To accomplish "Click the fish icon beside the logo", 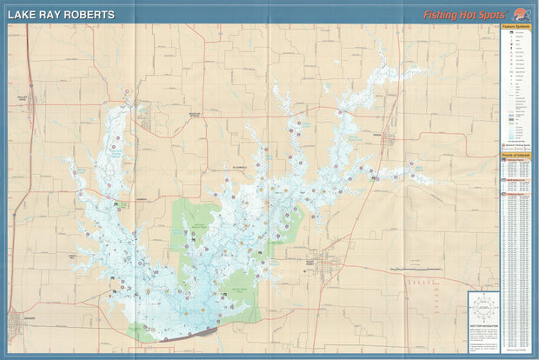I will (520, 13).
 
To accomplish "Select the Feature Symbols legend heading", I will (516, 28).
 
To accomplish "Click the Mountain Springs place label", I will (200, 115).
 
